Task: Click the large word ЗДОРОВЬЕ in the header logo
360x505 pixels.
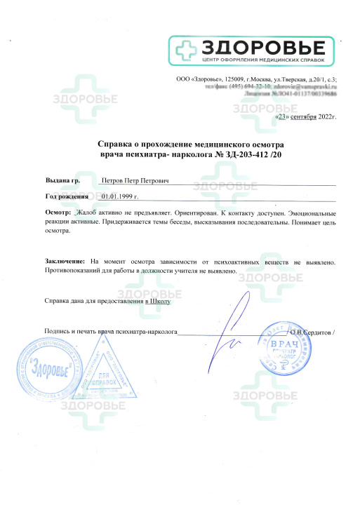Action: click(x=263, y=47)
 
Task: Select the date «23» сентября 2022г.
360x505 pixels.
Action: click(x=307, y=117)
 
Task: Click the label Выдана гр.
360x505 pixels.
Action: click(x=62, y=180)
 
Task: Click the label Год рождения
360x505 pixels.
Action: click(x=69, y=198)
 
